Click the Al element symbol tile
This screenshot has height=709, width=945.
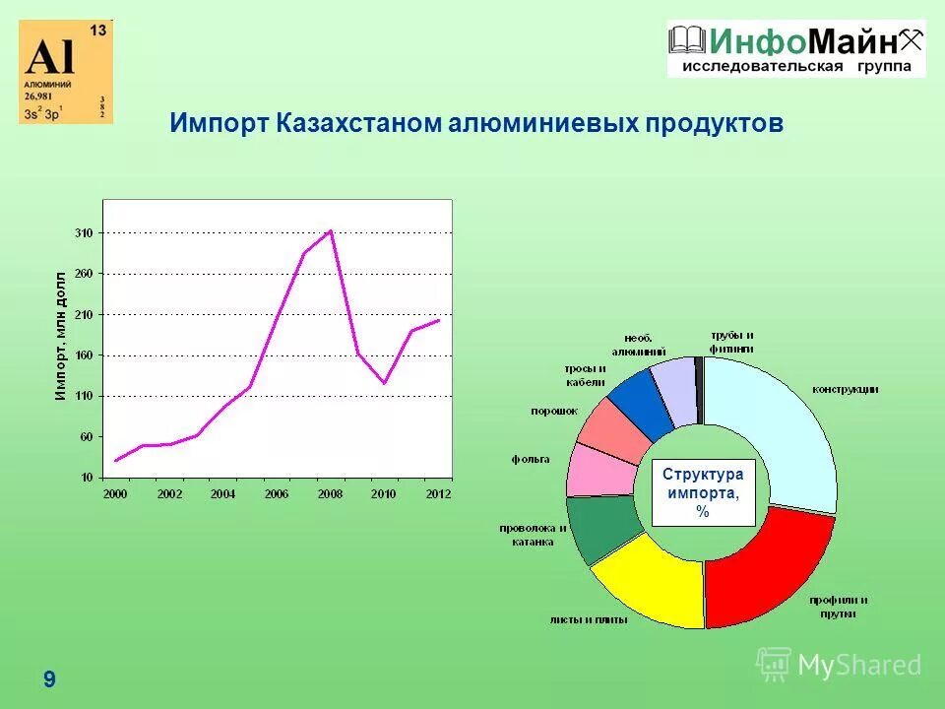(x=66, y=72)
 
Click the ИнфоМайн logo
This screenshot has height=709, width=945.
(x=795, y=48)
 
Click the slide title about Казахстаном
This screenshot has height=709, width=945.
(x=476, y=124)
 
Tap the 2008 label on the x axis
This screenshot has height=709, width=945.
(x=330, y=493)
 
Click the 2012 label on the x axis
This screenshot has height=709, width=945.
(x=438, y=493)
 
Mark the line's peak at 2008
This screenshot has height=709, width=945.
(x=331, y=230)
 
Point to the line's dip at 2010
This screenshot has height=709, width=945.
(x=385, y=383)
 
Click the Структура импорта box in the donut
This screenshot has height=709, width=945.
(x=703, y=492)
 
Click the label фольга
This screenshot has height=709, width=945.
(x=531, y=459)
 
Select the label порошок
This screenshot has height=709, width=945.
(x=553, y=410)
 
